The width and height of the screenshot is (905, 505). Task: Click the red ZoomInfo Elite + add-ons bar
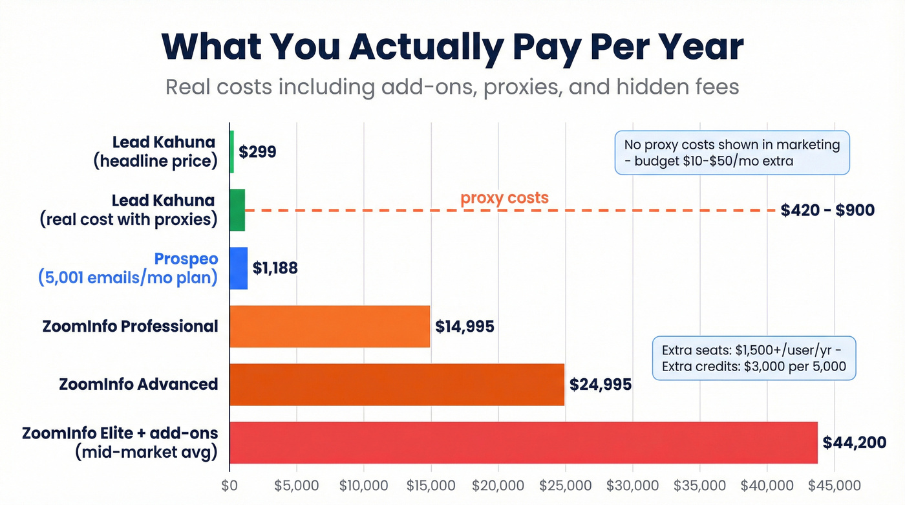click(524, 442)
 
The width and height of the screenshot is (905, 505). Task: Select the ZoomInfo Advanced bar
click(397, 384)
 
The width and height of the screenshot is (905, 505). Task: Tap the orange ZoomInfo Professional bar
click(330, 326)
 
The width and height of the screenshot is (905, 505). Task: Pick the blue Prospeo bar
click(239, 268)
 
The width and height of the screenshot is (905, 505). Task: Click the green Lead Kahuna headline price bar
click(231, 151)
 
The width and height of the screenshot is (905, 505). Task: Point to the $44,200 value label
click(853, 442)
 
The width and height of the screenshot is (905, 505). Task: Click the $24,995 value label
click(600, 384)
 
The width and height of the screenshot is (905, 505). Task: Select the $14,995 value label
click(465, 326)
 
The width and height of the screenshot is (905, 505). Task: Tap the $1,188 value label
click(275, 268)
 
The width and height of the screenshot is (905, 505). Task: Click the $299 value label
click(257, 152)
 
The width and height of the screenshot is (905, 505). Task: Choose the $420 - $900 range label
click(827, 210)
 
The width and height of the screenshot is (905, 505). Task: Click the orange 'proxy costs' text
click(504, 198)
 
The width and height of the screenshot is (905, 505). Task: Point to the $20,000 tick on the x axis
click(498, 486)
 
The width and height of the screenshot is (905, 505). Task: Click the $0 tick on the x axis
click(229, 486)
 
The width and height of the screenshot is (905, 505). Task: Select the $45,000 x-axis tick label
click(835, 486)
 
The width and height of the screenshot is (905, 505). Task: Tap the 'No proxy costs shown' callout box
click(732, 153)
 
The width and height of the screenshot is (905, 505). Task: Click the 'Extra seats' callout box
click(754, 358)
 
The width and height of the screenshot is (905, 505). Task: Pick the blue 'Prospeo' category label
click(186, 259)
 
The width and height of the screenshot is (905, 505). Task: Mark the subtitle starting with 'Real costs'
click(452, 87)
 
